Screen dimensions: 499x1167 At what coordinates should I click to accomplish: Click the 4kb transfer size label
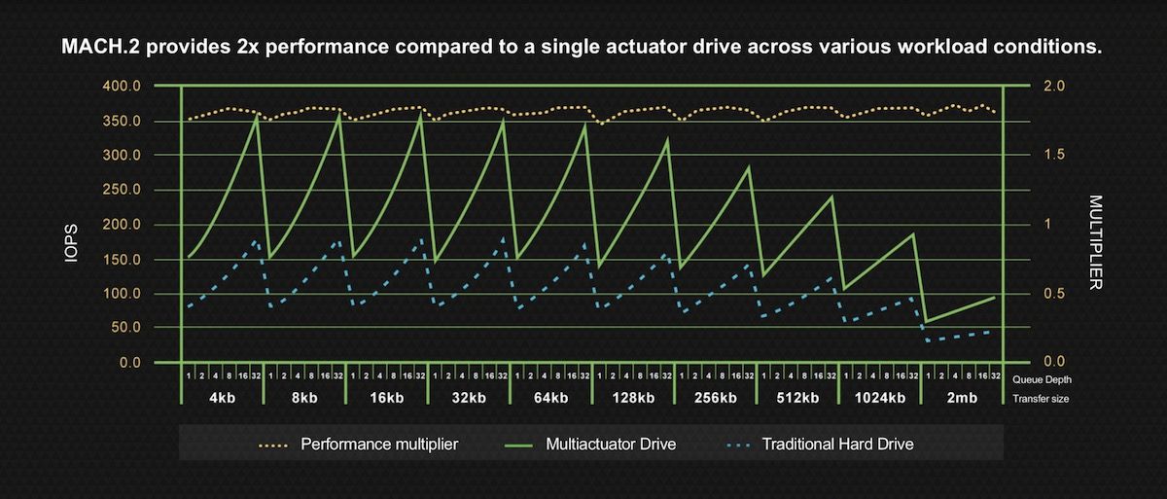(222, 397)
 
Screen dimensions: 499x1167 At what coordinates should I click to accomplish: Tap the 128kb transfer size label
(632, 397)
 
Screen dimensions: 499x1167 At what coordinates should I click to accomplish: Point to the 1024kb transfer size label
(880, 397)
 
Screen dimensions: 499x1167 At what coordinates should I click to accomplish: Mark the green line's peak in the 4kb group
(257, 116)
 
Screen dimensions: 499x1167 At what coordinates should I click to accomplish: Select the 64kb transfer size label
(550, 397)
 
